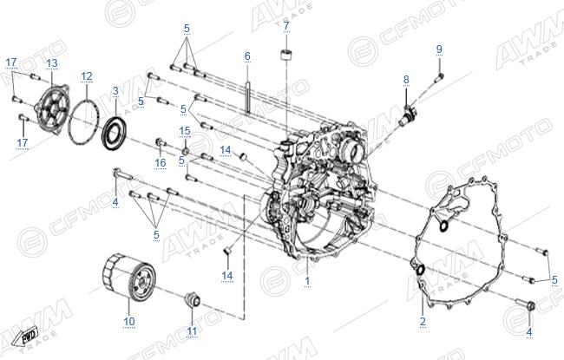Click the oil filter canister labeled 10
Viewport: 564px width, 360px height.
129,277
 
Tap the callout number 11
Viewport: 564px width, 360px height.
192,331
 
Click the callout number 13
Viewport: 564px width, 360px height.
52,63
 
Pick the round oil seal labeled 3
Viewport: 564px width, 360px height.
114,132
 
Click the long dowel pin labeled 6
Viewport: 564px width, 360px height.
248,97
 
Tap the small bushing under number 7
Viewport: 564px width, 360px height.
286,56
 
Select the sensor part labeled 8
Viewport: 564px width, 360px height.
409,115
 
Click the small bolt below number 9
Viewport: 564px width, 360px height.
440,76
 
